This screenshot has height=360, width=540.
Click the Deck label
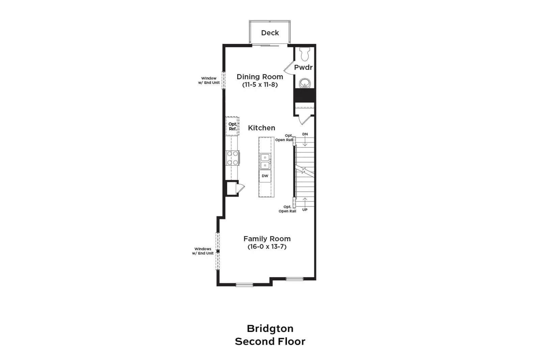coord(270,33)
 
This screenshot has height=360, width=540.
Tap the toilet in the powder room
coord(305,54)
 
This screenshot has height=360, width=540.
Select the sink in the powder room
coord(305,83)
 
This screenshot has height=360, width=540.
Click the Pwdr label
coord(303,67)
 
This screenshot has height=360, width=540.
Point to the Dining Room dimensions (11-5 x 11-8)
coord(260,85)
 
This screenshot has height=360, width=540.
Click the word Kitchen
coord(262,128)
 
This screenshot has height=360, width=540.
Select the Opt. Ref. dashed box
coord(233,126)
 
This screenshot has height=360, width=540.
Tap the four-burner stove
coord(233,158)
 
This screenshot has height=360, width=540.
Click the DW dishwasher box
coord(265,176)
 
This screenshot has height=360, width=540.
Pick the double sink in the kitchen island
coord(265,162)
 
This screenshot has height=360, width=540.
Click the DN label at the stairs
coord(305,134)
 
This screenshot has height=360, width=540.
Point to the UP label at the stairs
coord(305,210)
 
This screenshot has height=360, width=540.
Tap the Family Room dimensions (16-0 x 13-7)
coord(267,247)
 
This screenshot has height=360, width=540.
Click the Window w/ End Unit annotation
coord(209,81)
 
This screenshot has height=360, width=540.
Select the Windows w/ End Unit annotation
coord(203,251)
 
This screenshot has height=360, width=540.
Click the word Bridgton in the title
coord(270,329)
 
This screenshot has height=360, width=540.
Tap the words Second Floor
coord(270,342)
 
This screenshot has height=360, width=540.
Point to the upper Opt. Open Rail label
coord(284,138)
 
